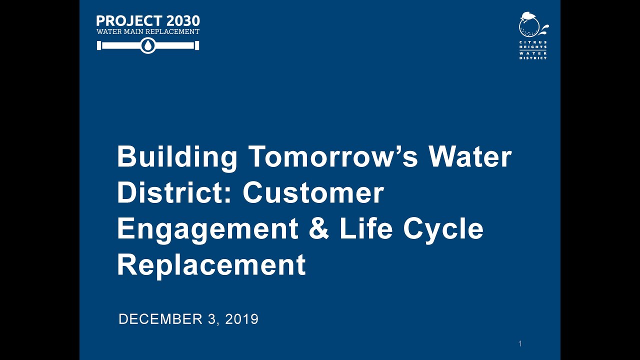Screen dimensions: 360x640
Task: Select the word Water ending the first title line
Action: point(470,157)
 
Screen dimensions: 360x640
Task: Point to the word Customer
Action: point(313,193)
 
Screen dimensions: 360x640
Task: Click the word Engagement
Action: point(207,229)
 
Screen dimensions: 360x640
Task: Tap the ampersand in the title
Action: point(319,229)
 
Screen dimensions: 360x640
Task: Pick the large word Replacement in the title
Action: point(211,265)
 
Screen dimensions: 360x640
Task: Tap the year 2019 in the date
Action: point(241,319)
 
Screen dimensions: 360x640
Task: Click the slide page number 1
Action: point(520,343)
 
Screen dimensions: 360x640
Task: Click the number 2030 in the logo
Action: point(182,21)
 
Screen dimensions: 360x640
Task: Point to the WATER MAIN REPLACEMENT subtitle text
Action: point(148,31)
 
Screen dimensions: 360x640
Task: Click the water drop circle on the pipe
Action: point(148,46)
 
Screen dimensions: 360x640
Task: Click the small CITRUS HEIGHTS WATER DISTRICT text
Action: point(533,50)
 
